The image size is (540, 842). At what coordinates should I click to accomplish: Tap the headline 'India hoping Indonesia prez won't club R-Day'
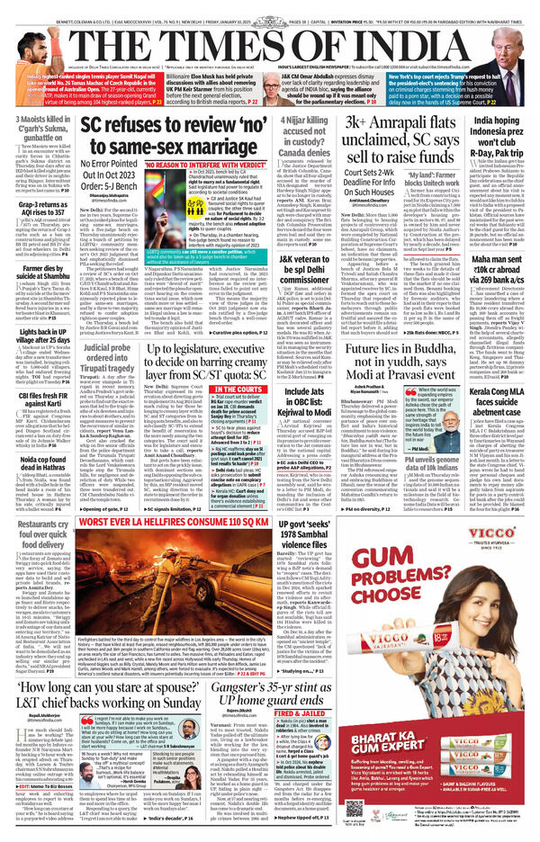(x=494, y=136)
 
